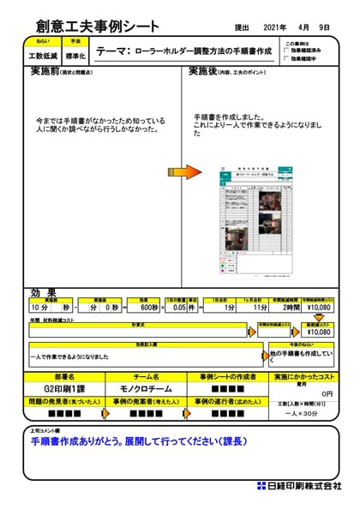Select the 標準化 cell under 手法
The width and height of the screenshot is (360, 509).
(75, 56)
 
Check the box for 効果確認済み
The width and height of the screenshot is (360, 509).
(287, 51)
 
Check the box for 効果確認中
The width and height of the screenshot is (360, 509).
(287, 59)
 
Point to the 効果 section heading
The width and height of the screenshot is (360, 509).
(43, 292)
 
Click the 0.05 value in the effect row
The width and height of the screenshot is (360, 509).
(179, 307)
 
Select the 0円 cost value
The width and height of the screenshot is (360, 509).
(327, 393)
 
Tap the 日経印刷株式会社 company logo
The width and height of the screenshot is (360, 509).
(299, 486)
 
